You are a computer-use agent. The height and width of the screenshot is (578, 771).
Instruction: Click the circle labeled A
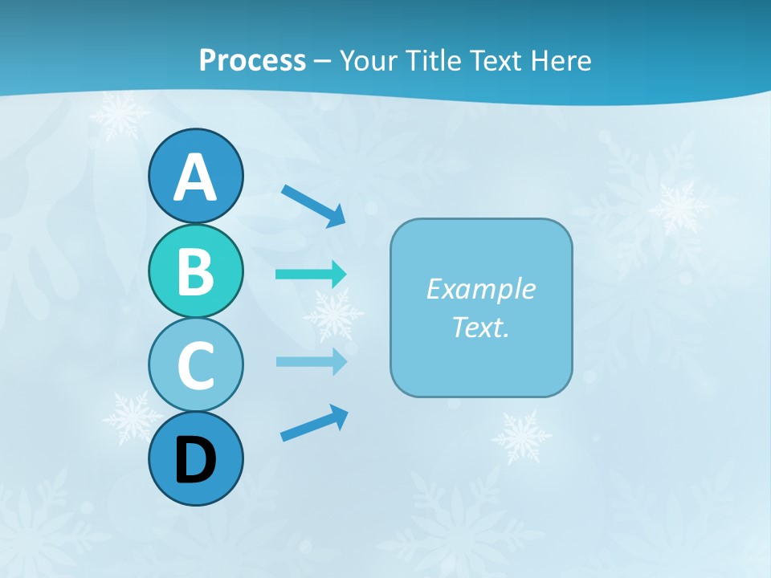point(195,176)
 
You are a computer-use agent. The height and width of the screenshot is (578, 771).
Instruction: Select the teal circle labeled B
point(195,271)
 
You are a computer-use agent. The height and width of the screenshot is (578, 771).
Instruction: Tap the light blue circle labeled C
point(195,364)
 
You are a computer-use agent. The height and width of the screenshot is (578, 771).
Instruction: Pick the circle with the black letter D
point(195,458)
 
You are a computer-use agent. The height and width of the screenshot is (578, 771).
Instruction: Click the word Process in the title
point(252,60)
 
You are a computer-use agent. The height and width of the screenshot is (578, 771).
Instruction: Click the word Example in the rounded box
point(480,289)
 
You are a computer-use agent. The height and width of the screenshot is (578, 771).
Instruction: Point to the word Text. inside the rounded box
point(480,327)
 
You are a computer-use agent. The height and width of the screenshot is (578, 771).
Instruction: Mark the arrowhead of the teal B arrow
point(339,275)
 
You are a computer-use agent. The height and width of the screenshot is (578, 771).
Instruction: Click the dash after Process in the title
point(322,61)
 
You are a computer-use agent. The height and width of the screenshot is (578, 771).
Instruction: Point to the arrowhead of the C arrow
point(339,361)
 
